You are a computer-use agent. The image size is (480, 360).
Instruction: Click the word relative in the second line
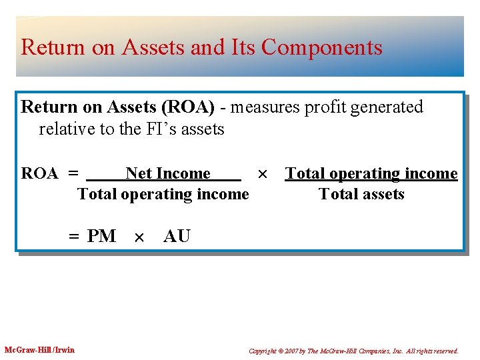click(x=67, y=129)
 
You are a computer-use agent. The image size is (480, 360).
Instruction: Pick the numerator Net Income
click(x=167, y=173)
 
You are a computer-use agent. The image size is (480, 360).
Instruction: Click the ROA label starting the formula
click(x=39, y=174)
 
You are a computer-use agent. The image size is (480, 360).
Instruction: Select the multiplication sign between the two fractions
click(x=263, y=174)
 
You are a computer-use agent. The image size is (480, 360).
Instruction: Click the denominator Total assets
click(x=361, y=194)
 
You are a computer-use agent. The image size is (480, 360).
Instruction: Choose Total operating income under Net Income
click(x=163, y=194)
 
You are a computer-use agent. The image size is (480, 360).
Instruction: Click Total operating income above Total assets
click(x=371, y=173)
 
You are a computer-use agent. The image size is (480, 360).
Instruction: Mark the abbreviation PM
click(x=101, y=236)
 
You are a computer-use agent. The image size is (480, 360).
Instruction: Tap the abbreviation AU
click(x=177, y=236)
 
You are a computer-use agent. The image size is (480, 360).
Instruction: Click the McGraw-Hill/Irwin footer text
click(x=39, y=350)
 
